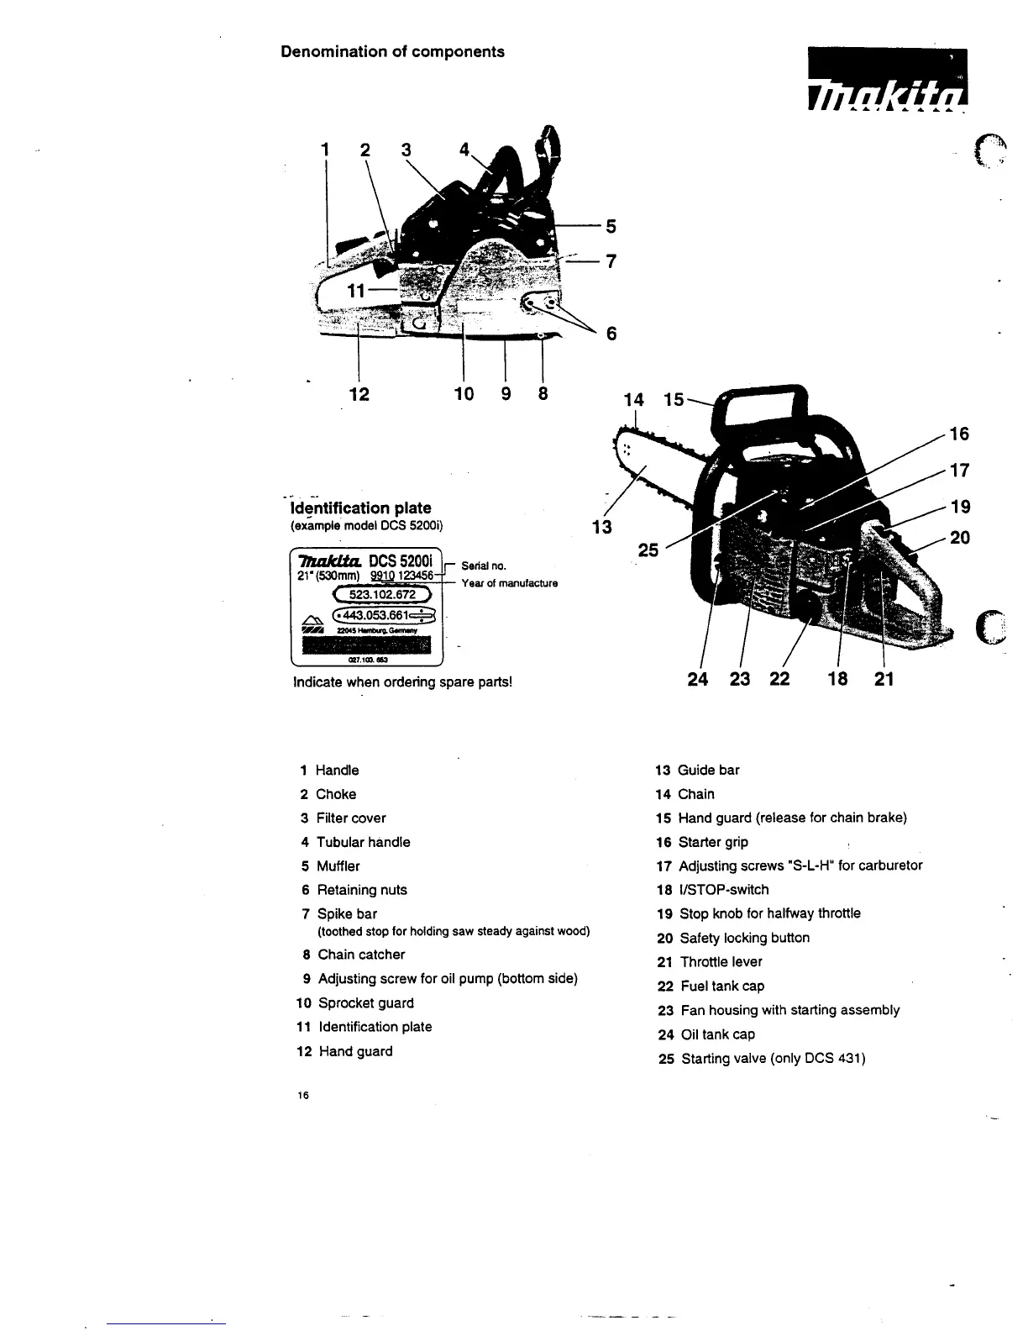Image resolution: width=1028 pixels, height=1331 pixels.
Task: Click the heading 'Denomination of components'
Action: click(x=392, y=52)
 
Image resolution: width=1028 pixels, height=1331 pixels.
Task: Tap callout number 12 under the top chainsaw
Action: click(x=359, y=393)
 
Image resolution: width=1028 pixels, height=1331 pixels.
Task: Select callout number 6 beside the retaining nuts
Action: click(x=611, y=334)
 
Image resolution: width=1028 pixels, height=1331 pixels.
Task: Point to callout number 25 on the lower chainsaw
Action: click(x=648, y=550)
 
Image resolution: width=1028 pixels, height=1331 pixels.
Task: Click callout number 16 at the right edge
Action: click(x=958, y=434)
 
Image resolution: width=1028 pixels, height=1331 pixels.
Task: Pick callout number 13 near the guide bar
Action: click(x=601, y=528)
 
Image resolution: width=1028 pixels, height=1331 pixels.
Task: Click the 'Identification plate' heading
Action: click(x=360, y=508)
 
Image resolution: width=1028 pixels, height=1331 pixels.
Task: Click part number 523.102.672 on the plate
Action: click(x=382, y=595)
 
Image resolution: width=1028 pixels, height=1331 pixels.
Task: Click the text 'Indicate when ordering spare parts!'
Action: click(x=402, y=681)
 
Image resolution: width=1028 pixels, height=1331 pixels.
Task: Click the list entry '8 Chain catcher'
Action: click(x=353, y=955)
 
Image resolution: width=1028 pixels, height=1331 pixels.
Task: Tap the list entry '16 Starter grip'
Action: click(x=702, y=842)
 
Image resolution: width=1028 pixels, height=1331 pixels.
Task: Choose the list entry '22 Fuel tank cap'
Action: click(x=711, y=986)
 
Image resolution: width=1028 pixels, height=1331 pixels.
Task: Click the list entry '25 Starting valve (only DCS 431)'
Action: click(x=762, y=1059)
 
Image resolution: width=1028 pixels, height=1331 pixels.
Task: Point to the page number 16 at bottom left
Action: click(x=303, y=1095)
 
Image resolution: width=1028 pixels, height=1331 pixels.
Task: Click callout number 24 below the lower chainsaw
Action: click(x=698, y=679)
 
